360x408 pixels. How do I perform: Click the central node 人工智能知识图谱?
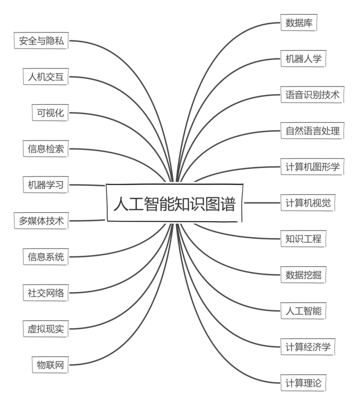[x=175, y=203]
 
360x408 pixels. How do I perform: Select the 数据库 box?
[x=299, y=23]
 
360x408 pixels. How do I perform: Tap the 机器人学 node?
[x=303, y=58]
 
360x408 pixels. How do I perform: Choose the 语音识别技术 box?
[x=313, y=95]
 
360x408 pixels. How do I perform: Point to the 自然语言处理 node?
[x=313, y=131]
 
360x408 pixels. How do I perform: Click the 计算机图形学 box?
[x=313, y=167]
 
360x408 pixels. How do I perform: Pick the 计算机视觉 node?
[x=308, y=203]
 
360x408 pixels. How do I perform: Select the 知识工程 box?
[x=303, y=239]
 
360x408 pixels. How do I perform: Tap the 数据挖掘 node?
[x=303, y=275]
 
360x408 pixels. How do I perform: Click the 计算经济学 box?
[x=308, y=347]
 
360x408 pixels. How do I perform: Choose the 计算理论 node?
[x=303, y=383]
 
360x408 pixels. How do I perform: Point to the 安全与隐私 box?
[x=41, y=41]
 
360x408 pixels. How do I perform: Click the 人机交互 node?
[x=46, y=77]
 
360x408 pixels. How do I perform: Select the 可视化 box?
[x=50, y=112]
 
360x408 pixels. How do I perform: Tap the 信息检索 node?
[x=46, y=149]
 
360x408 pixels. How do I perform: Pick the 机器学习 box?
[x=46, y=185]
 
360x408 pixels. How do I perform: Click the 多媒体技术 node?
[x=41, y=221]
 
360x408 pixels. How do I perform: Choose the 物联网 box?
[x=50, y=365]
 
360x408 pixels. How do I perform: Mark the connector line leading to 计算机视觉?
[x=262, y=203]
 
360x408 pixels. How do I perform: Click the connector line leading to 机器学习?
[x=87, y=185]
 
